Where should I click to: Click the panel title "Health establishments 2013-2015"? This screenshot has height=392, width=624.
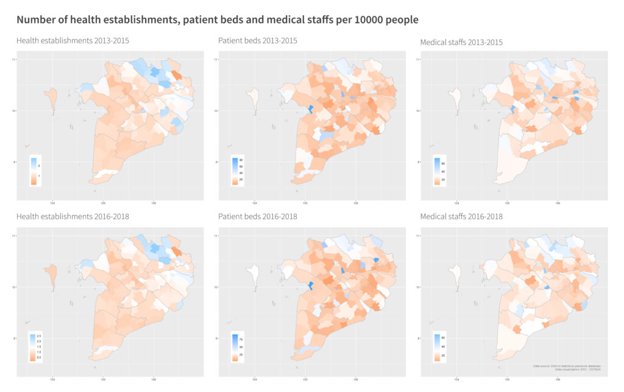point(73,41)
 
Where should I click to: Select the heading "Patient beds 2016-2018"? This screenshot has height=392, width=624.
point(258,217)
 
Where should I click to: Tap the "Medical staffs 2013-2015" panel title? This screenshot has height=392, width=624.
point(461,42)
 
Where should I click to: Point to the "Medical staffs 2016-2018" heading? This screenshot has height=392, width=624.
point(461,217)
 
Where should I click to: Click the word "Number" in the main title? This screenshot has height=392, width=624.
point(37,19)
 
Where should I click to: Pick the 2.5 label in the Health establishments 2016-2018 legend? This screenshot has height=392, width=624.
point(40,336)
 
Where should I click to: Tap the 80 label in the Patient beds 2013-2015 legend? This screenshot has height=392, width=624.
point(241,160)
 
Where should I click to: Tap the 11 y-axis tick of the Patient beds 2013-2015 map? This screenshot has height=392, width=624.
point(214,59)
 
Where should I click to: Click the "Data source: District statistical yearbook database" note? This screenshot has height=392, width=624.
point(566,366)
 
